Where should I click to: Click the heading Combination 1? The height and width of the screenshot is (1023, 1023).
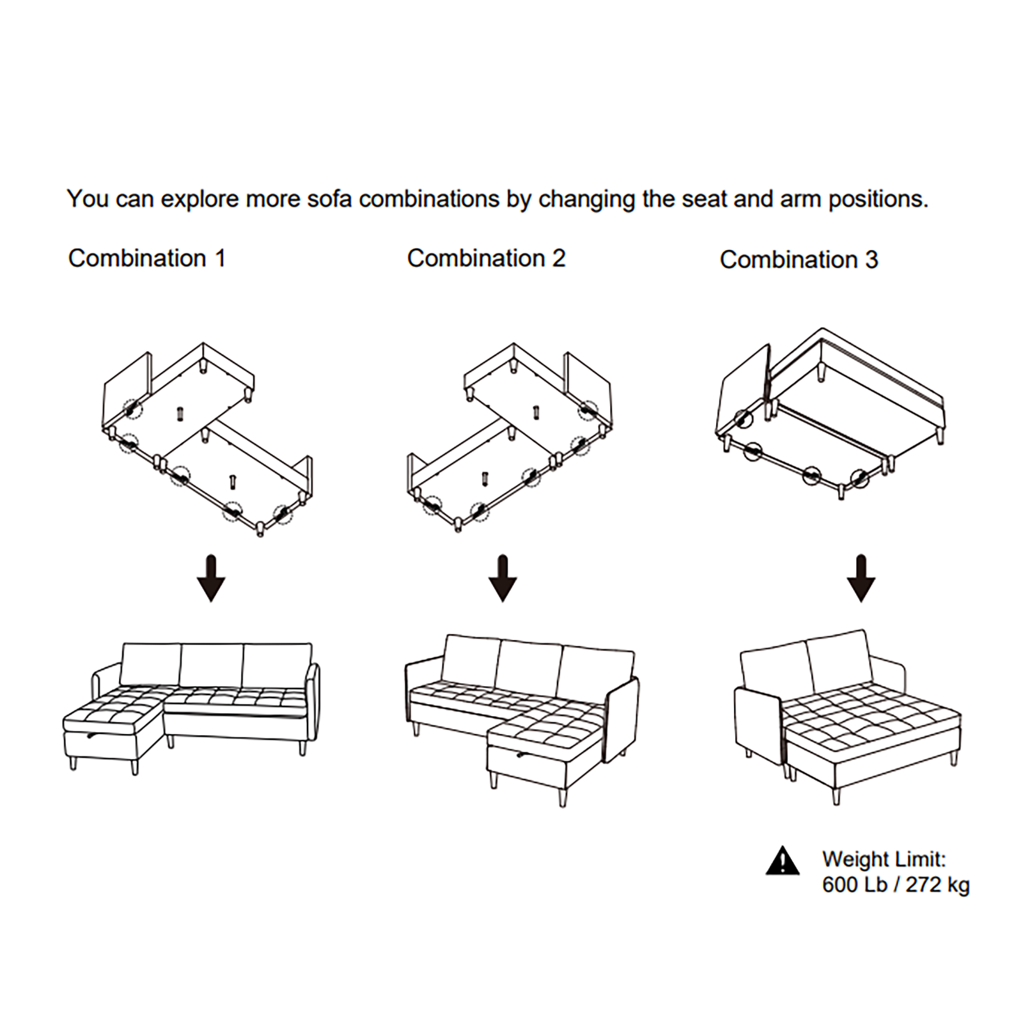tap(147, 258)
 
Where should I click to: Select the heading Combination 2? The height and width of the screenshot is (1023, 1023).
tap(486, 258)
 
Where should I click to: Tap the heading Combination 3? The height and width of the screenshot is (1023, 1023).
tap(799, 260)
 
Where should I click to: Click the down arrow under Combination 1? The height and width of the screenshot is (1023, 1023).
tap(211, 578)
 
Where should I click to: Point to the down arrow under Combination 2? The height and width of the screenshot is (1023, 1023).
tap(503, 578)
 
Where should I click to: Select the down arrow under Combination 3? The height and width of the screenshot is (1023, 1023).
tap(861, 578)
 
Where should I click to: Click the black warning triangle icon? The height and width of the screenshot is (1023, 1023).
tap(783, 861)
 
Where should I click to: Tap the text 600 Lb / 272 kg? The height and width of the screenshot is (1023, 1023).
tap(896, 884)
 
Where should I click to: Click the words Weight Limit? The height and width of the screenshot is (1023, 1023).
tap(884, 859)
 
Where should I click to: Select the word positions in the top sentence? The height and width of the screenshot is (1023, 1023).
tap(878, 199)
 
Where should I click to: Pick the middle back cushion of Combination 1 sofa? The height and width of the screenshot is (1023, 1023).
tap(212, 665)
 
